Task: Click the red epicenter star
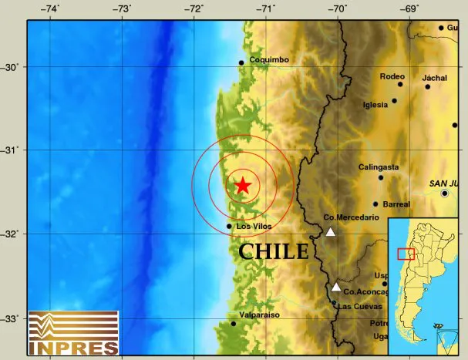[x=242, y=185]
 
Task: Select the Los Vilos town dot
[x=229, y=226]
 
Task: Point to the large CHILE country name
[x=273, y=251]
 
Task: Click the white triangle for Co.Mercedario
[x=330, y=231]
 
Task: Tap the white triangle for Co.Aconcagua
[x=336, y=287]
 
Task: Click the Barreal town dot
[x=375, y=204]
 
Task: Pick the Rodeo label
[x=392, y=76]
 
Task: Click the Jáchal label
[x=435, y=78]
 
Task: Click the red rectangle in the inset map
[x=406, y=254]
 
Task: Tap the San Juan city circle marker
[x=445, y=193]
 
